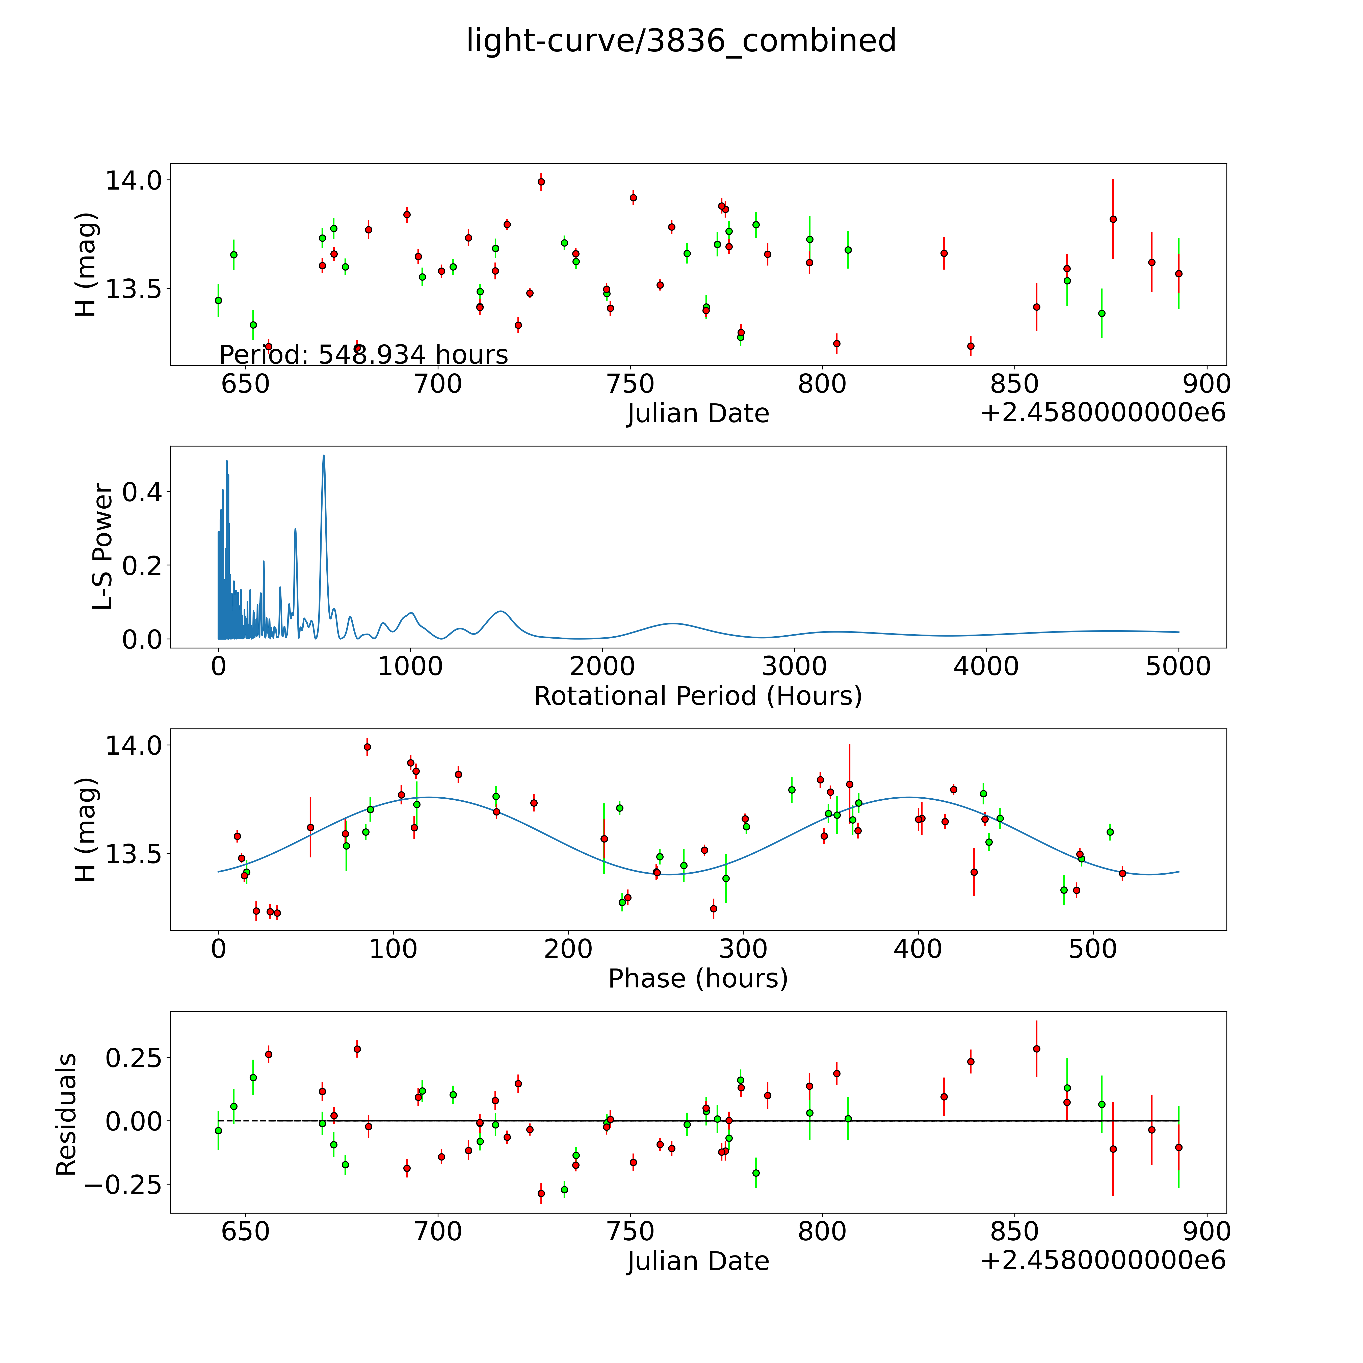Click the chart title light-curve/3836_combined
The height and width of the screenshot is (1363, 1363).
coord(681,41)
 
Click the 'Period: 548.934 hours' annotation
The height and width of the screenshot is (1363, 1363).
coord(363,354)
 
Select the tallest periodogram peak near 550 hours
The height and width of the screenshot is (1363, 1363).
coord(324,456)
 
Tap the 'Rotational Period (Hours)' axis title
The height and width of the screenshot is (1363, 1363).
coord(698,696)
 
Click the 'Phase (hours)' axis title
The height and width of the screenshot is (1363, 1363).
coord(698,979)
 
